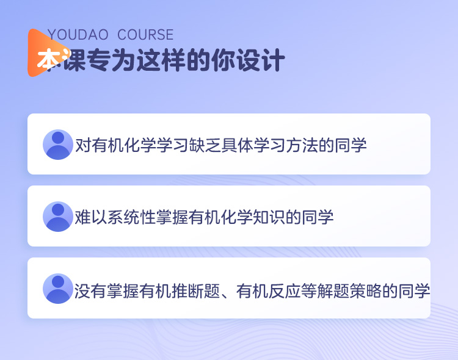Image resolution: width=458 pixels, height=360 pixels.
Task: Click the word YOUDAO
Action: (x=78, y=35)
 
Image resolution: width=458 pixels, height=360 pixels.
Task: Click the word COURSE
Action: (x=145, y=35)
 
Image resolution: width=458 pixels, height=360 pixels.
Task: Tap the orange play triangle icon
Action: (x=47, y=53)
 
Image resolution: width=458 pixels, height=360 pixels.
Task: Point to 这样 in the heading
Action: (x=161, y=60)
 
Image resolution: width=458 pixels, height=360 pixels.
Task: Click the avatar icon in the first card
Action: (x=58, y=145)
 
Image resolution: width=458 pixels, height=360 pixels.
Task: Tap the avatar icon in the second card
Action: (x=58, y=217)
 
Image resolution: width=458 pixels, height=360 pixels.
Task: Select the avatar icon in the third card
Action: (x=58, y=289)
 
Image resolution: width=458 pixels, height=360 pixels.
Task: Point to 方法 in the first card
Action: (x=302, y=145)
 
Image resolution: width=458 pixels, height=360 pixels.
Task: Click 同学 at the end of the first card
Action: (x=351, y=145)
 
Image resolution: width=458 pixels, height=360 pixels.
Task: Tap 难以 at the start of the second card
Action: (x=91, y=217)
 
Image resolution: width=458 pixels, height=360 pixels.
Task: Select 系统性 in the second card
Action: (x=131, y=217)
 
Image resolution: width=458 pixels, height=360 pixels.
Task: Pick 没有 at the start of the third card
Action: (x=90, y=291)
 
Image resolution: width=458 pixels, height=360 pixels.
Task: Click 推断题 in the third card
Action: (x=195, y=291)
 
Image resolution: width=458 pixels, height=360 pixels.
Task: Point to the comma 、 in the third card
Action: (x=227, y=295)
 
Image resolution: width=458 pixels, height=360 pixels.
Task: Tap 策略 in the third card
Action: (x=366, y=291)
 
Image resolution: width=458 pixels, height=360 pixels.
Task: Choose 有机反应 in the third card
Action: (x=269, y=291)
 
